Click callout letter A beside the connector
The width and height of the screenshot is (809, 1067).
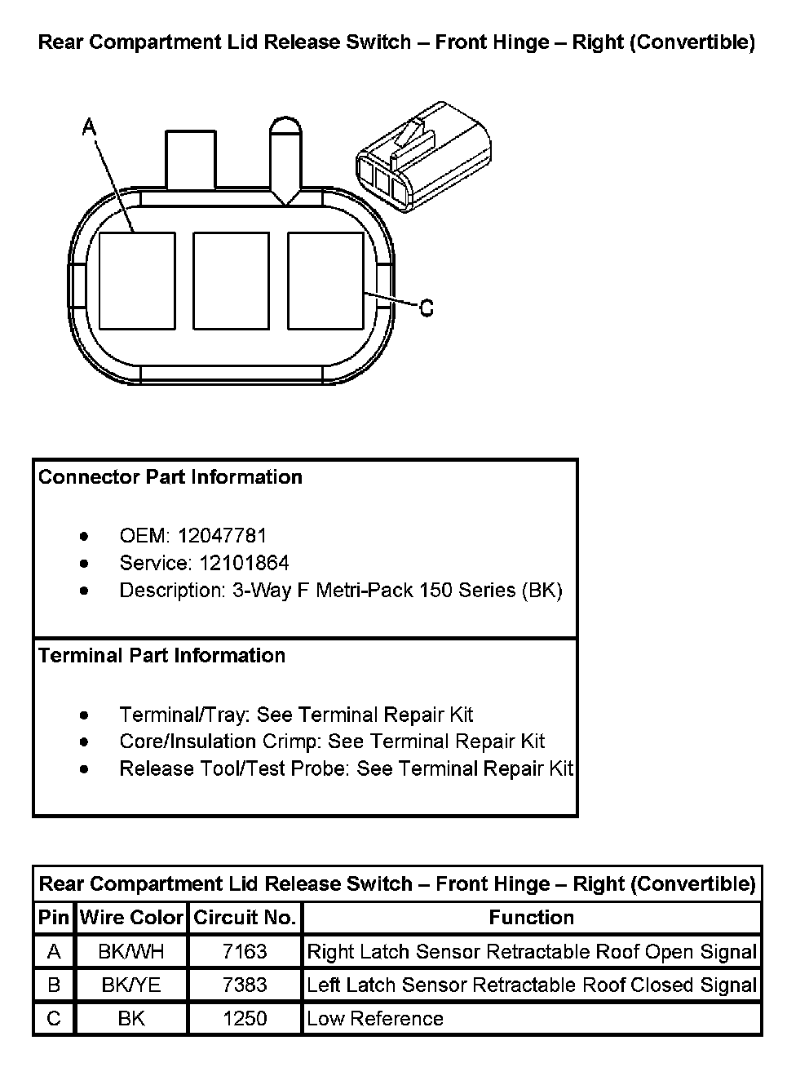pos(90,127)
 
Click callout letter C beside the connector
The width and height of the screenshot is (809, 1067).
pos(426,308)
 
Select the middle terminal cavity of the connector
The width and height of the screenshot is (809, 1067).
pos(231,281)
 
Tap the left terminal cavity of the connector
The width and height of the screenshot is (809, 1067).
pos(137,281)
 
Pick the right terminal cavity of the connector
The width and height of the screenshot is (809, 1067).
pos(325,281)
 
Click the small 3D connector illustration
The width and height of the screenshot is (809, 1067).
pos(423,156)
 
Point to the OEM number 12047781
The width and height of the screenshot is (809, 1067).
pos(222,536)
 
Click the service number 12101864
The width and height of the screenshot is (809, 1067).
pos(233,563)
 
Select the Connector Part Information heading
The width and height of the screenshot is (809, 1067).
pos(170,477)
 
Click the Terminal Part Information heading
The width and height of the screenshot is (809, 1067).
pos(162,656)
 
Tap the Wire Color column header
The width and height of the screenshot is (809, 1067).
pos(131,918)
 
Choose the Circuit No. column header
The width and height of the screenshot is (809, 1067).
pos(245,918)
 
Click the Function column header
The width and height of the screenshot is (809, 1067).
pos(531,918)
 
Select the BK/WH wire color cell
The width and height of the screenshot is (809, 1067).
pos(131,951)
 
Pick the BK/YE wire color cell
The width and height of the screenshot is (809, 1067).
pos(131,985)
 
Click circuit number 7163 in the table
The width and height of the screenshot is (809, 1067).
pos(245,951)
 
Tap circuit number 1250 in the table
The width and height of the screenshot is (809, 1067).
pos(245,1018)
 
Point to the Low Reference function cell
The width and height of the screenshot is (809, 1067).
pos(375,1018)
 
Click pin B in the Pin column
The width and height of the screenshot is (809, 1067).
pos(54,985)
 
